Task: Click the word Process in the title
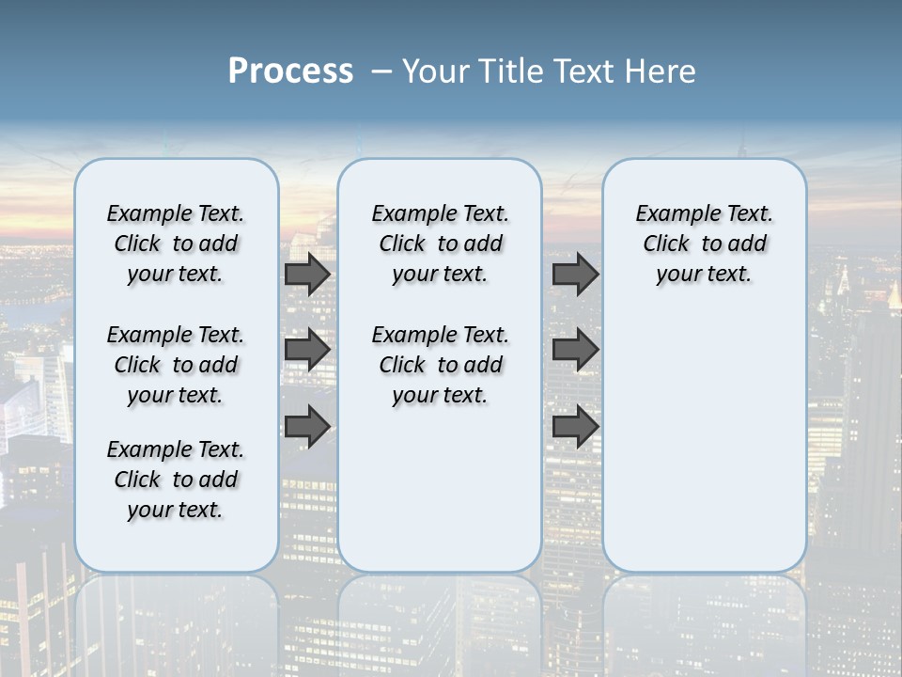tap(290, 71)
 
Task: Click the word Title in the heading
tap(506, 71)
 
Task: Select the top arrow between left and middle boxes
tap(307, 274)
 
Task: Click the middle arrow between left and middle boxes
tap(307, 350)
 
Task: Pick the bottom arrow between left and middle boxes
tap(307, 427)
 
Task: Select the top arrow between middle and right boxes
tap(575, 274)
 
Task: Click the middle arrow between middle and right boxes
tap(575, 350)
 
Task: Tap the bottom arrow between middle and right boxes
tap(575, 427)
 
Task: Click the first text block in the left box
tap(176, 244)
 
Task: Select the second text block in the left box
tap(176, 365)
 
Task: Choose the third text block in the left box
tap(176, 480)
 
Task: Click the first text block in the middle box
tap(440, 244)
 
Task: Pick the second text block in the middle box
tap(440, 365)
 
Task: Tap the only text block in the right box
tap(704, 244)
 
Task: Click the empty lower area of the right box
tap(704, 442)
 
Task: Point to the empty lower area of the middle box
tap(440, 489)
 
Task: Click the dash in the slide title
tap(382, 71)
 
